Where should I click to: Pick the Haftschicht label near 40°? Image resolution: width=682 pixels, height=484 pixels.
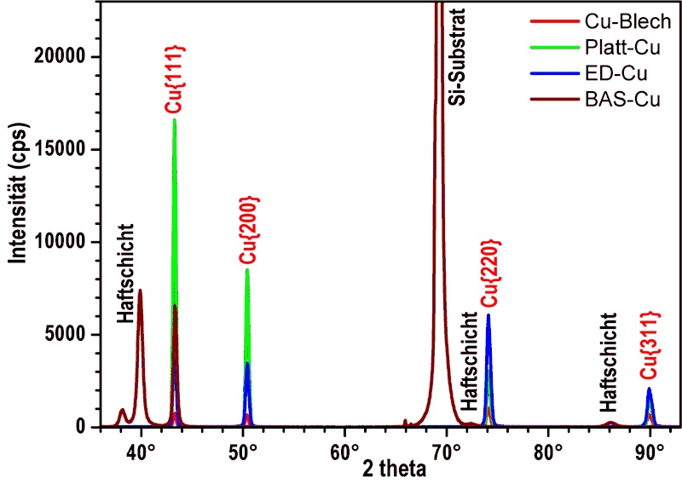126,273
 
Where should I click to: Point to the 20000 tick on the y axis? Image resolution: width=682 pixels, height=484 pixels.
66,57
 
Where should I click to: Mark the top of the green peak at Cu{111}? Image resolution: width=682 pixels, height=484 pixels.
175,119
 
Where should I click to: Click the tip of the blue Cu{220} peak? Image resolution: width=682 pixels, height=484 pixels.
488,314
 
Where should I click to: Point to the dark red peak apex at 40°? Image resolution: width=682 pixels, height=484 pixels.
140,290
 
